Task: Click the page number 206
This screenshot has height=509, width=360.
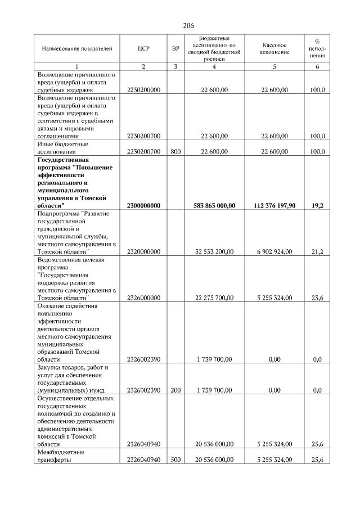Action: coord(188,26)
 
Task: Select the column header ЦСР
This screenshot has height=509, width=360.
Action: coord(143,49)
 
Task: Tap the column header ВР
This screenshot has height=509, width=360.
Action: coord(175,49)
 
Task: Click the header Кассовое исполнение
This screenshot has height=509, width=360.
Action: coord(275,48)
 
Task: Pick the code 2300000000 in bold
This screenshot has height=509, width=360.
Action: coord(143,206)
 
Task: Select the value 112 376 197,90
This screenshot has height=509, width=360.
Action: coord(275,206)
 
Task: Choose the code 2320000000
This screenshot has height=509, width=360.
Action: coord(143,252)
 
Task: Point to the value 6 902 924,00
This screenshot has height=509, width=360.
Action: coord(275,252)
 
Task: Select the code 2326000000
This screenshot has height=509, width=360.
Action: coord(143,298)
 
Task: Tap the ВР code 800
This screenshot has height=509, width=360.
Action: coord(175,151)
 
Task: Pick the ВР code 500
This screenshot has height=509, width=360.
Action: coord(175,460)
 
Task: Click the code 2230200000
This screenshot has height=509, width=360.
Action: coord(143,89)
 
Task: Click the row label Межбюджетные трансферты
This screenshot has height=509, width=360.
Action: coord(61,456)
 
